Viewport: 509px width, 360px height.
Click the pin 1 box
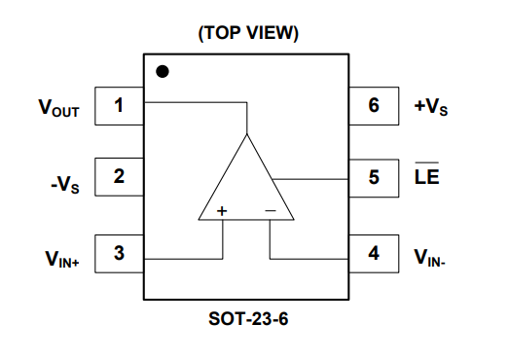(x=119, y=105)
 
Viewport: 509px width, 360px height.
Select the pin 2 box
(x=119, y=177)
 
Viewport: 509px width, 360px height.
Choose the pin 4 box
(x=375, y=255)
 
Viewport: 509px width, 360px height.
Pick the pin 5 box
(x=375, y=178)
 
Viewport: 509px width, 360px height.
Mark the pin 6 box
(x=375, y=105)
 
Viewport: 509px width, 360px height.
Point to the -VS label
(x=65, y=181)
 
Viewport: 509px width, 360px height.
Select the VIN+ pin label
(x=60, y=259)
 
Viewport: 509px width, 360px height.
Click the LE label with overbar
(x=426, y=179)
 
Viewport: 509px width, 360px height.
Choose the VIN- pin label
(x=429, y=258)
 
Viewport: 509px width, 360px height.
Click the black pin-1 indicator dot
(x=163, y=71)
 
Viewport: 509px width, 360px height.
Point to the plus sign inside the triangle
(x=222, y=210)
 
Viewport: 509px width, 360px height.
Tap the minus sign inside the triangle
(x=271, y=210)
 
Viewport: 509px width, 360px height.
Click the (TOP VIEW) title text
(x=248, y=33)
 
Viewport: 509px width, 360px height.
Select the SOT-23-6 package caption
(x=249, y=318)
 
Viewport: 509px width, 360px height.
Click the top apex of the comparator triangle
(x=247, y=135)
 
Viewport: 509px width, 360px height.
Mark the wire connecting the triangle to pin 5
(x=311, y=178)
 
